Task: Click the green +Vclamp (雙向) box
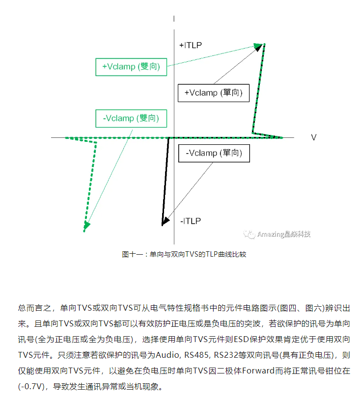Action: [x=131, y=67]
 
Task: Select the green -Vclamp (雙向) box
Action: [x=131, y=118]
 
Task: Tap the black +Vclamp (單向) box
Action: [x=213, y=92]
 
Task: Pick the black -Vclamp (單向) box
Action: [x=215, y=153]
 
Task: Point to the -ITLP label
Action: [x=190, y=221]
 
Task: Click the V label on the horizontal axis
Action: [x=313, y=137]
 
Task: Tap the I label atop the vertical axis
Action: [x=174, y=19]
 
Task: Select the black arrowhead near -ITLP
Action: [x=164, y=222]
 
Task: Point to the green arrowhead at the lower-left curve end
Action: [x=86, y=226]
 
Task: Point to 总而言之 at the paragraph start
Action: [x=35, y=309]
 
